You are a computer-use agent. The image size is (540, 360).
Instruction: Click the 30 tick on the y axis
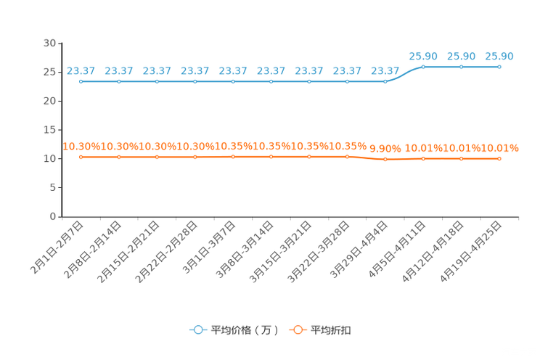49,43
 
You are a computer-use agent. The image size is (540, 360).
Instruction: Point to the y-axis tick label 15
49,130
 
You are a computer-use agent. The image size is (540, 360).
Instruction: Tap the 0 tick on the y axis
53,216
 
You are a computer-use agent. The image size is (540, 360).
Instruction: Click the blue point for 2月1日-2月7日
81,81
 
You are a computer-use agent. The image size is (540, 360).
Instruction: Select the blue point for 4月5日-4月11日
423,67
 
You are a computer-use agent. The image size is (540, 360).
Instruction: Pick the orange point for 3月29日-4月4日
385,159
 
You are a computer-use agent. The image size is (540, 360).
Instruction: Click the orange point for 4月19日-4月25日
499,159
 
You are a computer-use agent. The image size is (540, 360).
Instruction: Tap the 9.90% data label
385,149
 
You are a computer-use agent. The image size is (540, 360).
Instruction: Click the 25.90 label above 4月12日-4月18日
461,56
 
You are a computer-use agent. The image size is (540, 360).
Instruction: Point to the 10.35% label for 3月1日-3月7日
233,147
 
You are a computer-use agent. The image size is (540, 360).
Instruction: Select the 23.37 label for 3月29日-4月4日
385,71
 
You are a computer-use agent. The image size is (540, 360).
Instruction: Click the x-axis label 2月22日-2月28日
167,252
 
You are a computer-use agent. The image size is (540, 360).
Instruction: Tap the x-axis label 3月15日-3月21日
281,252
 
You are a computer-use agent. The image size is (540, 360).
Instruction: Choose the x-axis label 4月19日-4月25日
471,252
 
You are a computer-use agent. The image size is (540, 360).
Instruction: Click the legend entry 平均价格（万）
245,330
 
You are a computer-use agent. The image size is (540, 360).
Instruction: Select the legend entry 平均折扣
331,330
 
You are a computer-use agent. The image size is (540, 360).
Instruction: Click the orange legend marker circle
298,330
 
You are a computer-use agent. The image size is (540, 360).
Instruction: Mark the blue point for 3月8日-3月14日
271,81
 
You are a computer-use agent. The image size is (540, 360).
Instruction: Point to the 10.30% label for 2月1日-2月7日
81,147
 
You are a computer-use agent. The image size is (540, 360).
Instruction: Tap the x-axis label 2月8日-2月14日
93,250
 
